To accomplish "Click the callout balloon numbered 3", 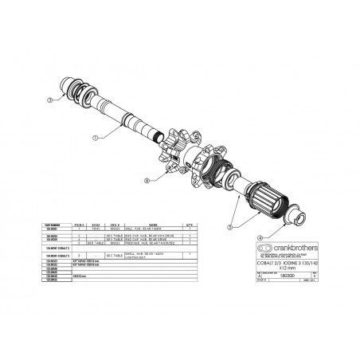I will coord(49,100).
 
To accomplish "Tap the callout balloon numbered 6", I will coord(146,181).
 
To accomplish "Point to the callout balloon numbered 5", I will coord(232,227).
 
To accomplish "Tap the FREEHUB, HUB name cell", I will coord(152,244).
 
